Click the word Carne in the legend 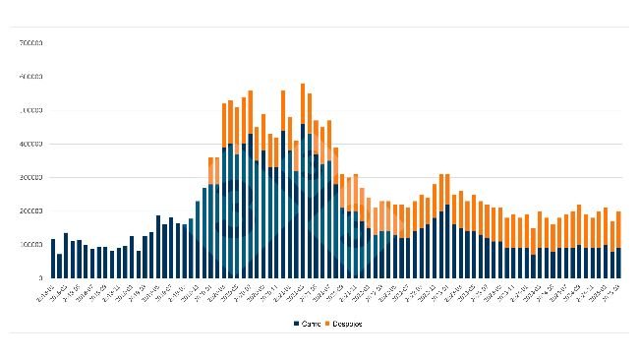[311, 323]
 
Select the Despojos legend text [348, 323]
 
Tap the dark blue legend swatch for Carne [295, 323]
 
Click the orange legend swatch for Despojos [328, 323]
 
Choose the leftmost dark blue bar [53, 258]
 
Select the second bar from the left [60, 266]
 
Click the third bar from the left [66, 255]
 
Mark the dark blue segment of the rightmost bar [618, 263]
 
